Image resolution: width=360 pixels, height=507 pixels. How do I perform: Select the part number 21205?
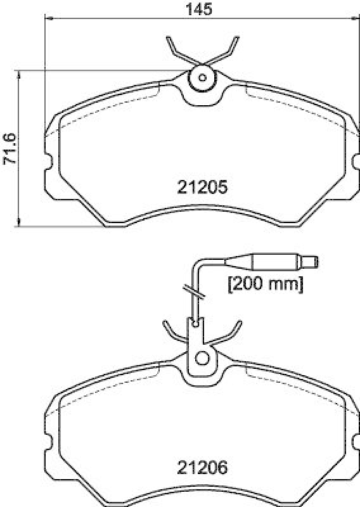[202, 187]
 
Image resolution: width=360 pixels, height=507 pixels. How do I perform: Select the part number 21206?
[202, 470]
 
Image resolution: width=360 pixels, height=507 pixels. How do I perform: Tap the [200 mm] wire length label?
[266, 285]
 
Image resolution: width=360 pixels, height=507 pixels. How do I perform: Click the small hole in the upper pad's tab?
[203, 78]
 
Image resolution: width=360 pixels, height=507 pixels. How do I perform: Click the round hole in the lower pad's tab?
[202, 358]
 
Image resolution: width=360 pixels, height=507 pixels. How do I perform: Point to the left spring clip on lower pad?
[172, 333]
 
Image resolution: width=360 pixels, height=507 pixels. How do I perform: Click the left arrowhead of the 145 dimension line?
[48, 20]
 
